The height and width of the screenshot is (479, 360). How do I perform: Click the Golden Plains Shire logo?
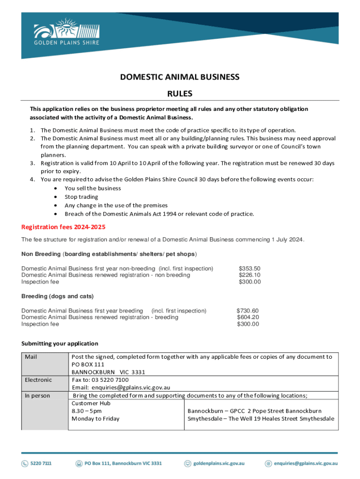click(x=66, y=33)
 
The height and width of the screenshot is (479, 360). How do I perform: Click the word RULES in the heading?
click(x=180, y=94)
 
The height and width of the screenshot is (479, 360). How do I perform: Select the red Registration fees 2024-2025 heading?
click(x=64, y=227)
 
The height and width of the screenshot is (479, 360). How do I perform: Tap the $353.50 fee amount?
click(x=250, y=269)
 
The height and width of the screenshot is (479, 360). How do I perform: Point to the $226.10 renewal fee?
click(x=250, y=275)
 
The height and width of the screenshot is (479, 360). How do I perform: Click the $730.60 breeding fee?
click(x=248, y=311)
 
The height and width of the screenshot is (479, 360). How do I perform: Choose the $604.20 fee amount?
click(x=248, y=317)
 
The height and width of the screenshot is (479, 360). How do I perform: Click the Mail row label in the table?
click(x=31, y=357)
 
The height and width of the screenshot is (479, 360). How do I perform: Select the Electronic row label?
click(x=38, y=380)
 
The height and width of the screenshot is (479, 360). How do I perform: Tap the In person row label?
click(x=37, y=396)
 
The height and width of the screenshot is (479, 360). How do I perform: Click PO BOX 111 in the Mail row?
click(x=88, y=364)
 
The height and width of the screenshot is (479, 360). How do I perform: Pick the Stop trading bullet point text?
click(x=81, y=197)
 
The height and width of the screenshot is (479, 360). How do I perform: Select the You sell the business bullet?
click(x=93, y=189)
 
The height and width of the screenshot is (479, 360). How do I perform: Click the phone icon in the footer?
click(x=24, y=464)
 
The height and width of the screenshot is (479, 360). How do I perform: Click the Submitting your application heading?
click(x=60, y=343)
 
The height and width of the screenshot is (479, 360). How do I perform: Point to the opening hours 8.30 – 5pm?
click(x=86, y=411)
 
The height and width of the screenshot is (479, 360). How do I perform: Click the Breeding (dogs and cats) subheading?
click(x=58, y=297)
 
